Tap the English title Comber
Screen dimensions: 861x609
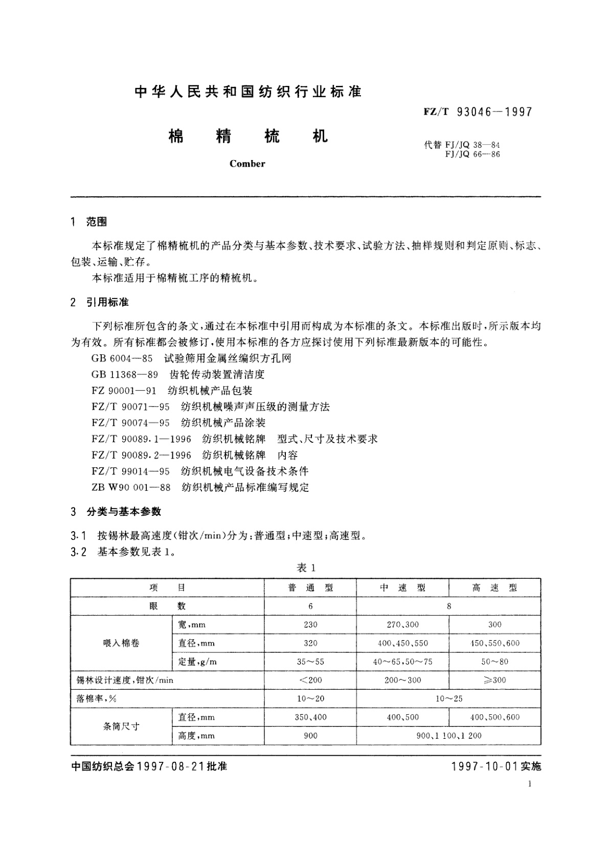point(247,164)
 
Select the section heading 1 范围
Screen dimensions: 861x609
point(89,222)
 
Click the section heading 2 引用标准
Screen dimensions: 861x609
point(100,302)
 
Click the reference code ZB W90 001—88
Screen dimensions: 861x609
point(131,487)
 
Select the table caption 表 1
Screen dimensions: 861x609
point(307,568)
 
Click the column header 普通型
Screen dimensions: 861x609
point(310,588)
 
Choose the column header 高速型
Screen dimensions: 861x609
point(494,588)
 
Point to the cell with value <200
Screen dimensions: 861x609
point(310,680)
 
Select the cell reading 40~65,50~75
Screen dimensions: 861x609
point(402,662)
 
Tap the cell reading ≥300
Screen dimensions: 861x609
point(494,680)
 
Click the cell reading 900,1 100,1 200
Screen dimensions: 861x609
point(448,736)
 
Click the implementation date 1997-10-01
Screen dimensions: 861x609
point(486,766)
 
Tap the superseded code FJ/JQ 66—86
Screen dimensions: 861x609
point(472,154)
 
